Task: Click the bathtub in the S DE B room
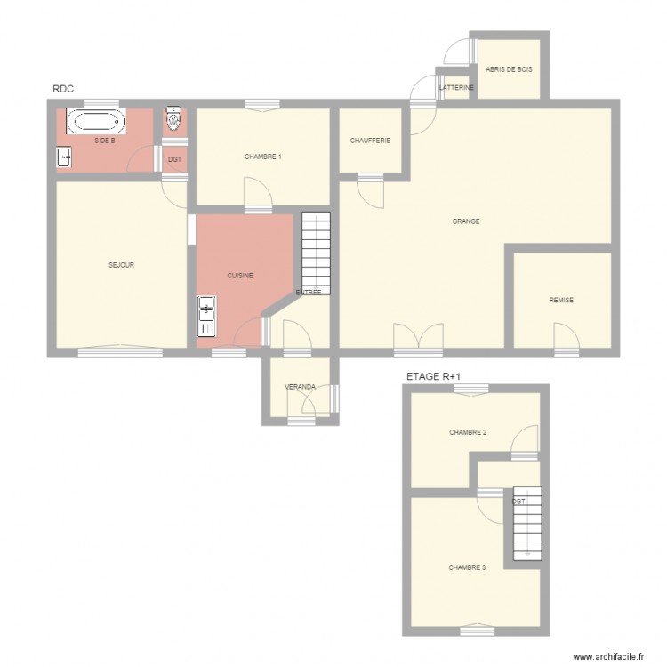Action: (97, 123)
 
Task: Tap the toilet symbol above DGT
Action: (174, 118)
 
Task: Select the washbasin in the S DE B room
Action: (65, 157)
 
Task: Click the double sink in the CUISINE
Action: (206, 317)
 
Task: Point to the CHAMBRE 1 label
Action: (262, 157)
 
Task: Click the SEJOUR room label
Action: (121, 265)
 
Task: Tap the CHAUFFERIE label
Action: (370, 141)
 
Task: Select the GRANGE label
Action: (466, 221)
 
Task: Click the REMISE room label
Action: (561, 301)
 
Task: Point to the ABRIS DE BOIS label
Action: (510, 68)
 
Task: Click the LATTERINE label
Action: (457, 88)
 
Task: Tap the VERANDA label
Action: (300, 387)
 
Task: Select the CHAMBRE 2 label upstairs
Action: (468, 433)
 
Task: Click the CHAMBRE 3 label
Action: (467, 567)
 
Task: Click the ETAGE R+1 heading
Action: (433, 377)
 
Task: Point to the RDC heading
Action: (63, 88)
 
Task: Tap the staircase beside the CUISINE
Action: (316, 253)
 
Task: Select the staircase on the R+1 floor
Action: (527, 525)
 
